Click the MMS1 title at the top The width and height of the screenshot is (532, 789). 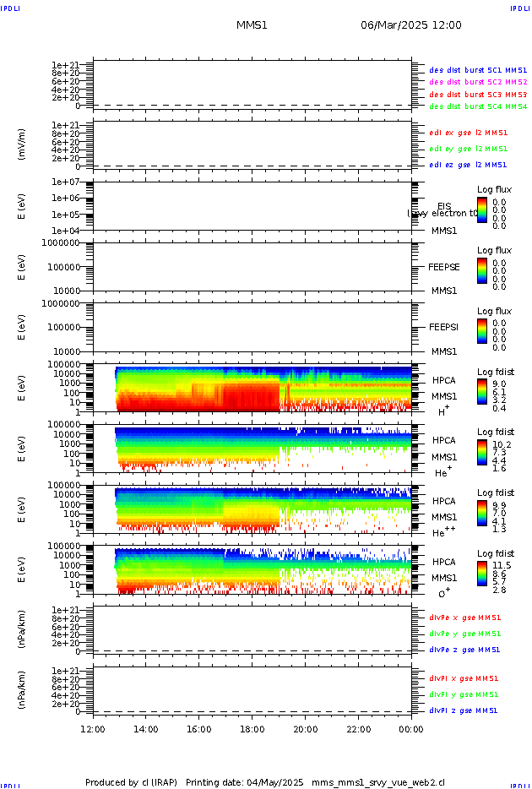tap(252, 25)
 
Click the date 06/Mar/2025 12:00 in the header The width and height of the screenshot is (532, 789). tap(411, 25)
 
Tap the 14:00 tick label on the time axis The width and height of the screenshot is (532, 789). tap(146, 729)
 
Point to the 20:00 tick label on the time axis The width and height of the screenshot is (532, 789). tap(306, 729)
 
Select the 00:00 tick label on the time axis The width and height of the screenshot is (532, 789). tap(411, 729)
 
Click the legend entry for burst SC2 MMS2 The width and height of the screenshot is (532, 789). tap(478, 82)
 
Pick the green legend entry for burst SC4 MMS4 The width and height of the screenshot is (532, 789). tap(478, 106)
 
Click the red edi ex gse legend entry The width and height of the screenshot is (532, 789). tap(468, 133)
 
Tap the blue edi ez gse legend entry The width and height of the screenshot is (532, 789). tap(468, 165)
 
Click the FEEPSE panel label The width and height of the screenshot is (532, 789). tap(444, 267)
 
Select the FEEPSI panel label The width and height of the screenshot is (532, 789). tap(444, 327)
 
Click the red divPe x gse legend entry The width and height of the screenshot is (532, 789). tap(464, 618)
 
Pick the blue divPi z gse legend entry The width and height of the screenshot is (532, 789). tap(464, 710)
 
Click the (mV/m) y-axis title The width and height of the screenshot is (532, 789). tap(22, 144)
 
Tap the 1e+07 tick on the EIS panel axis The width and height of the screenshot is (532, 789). tap(65, 182)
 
